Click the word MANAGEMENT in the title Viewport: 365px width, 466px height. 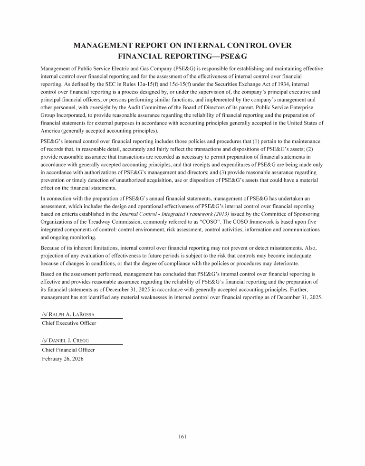[109, 46]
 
